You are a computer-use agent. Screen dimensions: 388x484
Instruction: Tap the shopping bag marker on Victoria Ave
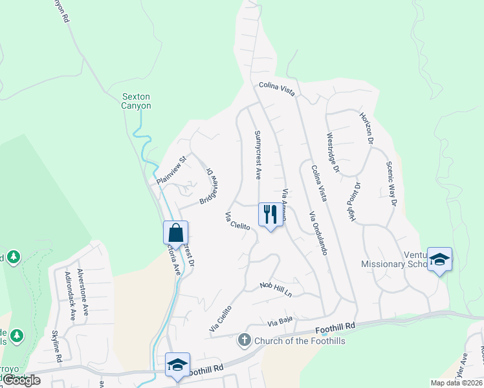pyautogui.click(x=175, y=232)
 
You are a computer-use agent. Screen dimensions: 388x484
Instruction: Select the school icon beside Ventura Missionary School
pyautogui.click(x=439, y=260)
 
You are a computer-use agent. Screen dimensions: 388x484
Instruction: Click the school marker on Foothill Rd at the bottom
pyautogui.click(x=177, y=364)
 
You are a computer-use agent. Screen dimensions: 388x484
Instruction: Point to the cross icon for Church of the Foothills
pyautogui.click(x=245, y=339)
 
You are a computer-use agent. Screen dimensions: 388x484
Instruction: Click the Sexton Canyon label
pyautogui.click(x=137, y=102)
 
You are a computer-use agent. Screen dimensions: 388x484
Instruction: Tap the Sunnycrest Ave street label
pyautogui.click(x=258, y=155)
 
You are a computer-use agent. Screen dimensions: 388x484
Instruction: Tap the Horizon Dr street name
pyautogui.click(x=367, y=128)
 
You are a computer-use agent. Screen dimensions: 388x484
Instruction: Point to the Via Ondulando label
pyautogui.click(x=318, y=233)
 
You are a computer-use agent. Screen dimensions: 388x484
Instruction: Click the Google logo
pyautogui.click(x=21, y=380)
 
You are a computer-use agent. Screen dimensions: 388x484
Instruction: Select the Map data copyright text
pyautogui.click(x=456, y=383)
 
